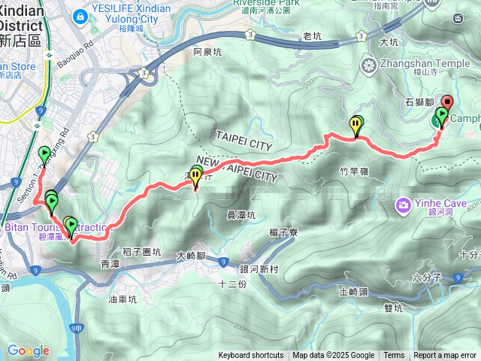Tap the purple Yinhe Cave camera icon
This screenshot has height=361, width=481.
[404, 204]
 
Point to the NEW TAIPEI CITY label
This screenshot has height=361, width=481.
[236, 166]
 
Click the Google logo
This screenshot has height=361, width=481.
[29, 350]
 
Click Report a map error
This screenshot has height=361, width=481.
[445, 356]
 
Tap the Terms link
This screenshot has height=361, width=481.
[394, 356]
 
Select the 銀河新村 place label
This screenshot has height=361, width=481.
[259, 269]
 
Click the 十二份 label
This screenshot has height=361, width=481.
[231, 284]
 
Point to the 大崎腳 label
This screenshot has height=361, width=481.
[191, 255]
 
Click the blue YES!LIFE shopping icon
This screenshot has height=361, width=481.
[80, 16]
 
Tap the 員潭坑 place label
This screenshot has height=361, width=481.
[241, 215]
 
